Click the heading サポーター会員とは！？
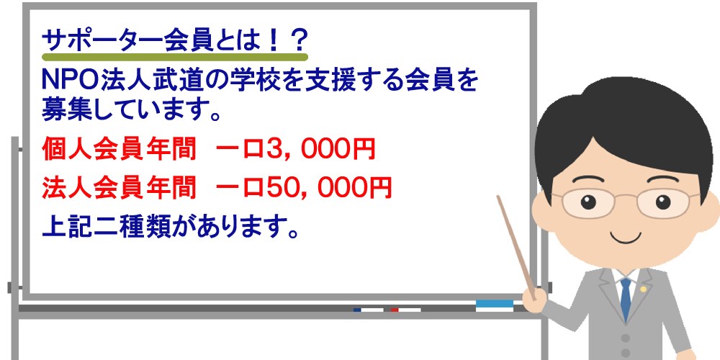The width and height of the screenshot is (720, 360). [x=174, y=41]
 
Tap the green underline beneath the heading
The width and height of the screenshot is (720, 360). [x=174, y=58]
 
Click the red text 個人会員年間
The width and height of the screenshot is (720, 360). [x=119, y=149]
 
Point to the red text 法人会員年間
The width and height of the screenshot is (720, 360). [x=119, y=187]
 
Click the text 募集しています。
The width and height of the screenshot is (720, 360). [x=131, y=109]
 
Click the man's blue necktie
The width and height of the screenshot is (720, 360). [x=625, y=297]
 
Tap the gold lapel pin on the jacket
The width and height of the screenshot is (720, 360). [x=644, y=289]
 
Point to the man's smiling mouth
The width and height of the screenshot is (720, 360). [x=625, y=238]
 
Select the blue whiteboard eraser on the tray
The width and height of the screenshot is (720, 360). [x=495, y=305]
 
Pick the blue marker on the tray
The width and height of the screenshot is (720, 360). [x=368, y=310]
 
